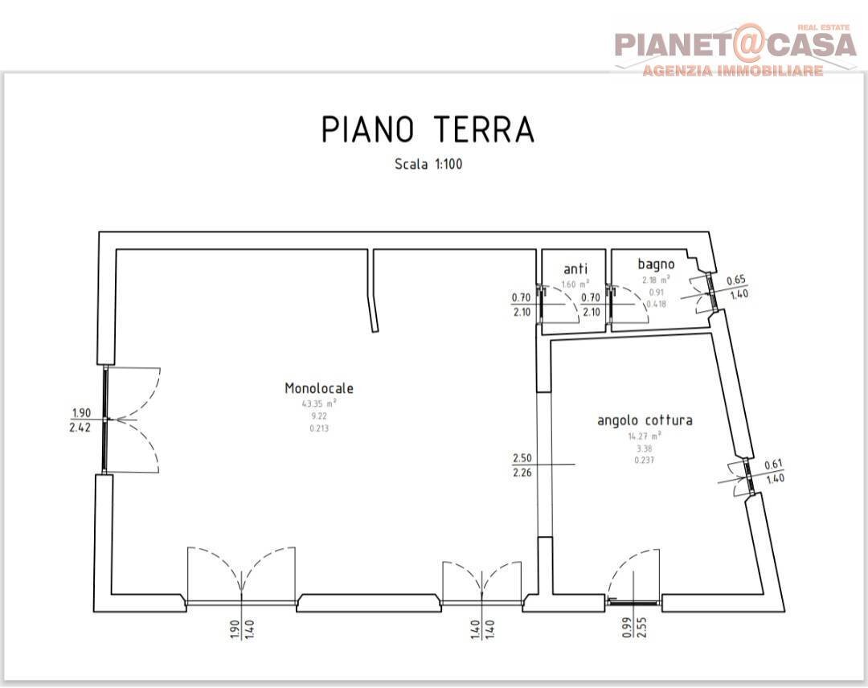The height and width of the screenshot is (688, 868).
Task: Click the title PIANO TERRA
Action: point(428,129)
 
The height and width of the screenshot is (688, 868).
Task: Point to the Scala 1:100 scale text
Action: point(428,164)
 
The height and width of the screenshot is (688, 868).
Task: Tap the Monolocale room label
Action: point(319,388)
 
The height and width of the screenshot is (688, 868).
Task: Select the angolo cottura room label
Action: point(645,420)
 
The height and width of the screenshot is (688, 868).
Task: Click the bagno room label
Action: point(656,264)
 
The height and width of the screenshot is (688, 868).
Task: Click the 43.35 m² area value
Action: point(319,403)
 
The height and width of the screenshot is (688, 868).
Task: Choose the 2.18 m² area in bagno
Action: point(656,280)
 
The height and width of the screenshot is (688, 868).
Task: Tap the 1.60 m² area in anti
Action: point(575,284)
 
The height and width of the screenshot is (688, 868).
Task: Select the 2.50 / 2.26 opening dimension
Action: point(522,465)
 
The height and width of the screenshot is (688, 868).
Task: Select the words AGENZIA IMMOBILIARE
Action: point(732,71)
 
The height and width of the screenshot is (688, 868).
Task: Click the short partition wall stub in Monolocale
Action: point(373,289)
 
